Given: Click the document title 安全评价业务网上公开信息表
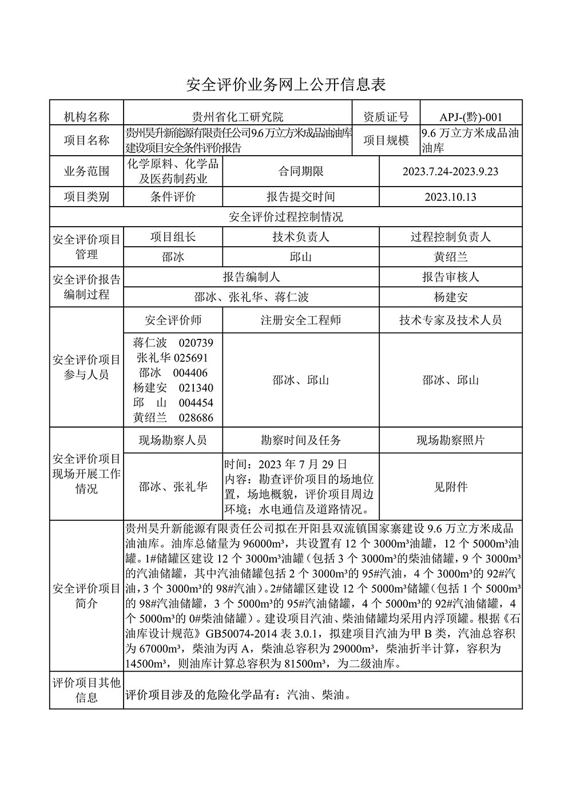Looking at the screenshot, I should pos(286,85).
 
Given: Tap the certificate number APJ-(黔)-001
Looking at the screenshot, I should pos(471,117).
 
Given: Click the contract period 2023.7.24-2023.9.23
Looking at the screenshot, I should pos(450,171).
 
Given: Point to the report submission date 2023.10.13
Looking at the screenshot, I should pos(450,197).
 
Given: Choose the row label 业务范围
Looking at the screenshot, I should pos(86,171).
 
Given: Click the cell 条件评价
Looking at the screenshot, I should pos(173,197).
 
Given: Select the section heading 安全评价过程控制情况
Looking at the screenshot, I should pos(286,217).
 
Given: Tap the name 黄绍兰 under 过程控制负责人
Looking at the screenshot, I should pos(450,257).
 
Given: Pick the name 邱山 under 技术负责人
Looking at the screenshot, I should pos(300,257).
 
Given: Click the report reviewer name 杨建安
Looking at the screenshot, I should pos(450,297).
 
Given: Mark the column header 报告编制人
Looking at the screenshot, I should pos(251,277).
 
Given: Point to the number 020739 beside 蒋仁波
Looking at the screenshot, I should pos(196,343).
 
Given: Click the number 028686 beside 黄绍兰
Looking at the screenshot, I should pos(196,418).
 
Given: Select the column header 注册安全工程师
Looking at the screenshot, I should pos(300,320).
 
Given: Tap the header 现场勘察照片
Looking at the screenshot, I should pos(450,440).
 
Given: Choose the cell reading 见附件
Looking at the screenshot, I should pos(450,487).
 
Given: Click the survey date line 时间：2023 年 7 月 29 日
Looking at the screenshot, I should pos(285,464).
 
